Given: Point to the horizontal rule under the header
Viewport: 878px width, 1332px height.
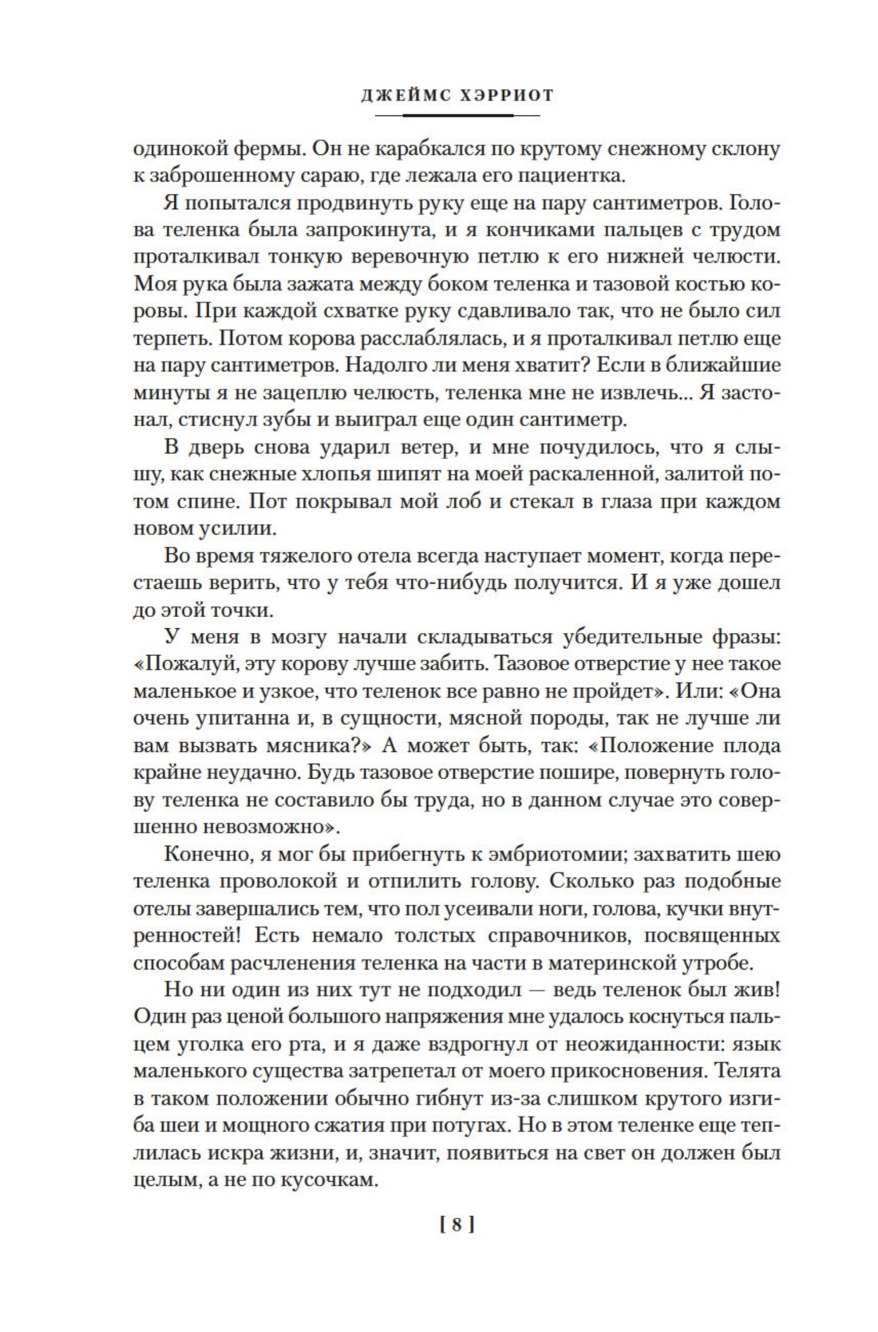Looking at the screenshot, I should [457, 116].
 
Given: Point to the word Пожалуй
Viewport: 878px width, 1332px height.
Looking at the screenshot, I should [180, 664].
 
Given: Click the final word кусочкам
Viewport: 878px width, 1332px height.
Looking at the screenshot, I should [323, 1180].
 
